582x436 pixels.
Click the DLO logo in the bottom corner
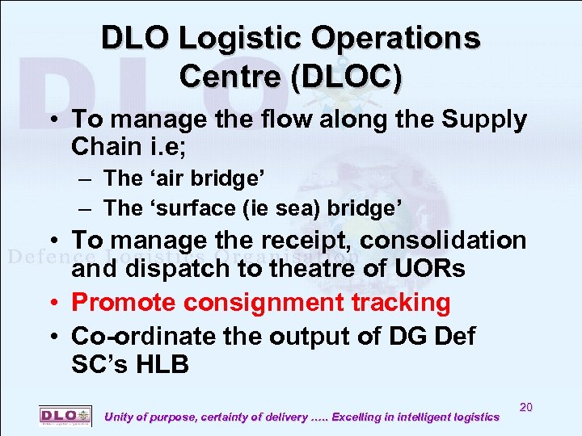click(x=65, y=416)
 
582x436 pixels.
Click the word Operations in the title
click(x=402, y=38)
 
